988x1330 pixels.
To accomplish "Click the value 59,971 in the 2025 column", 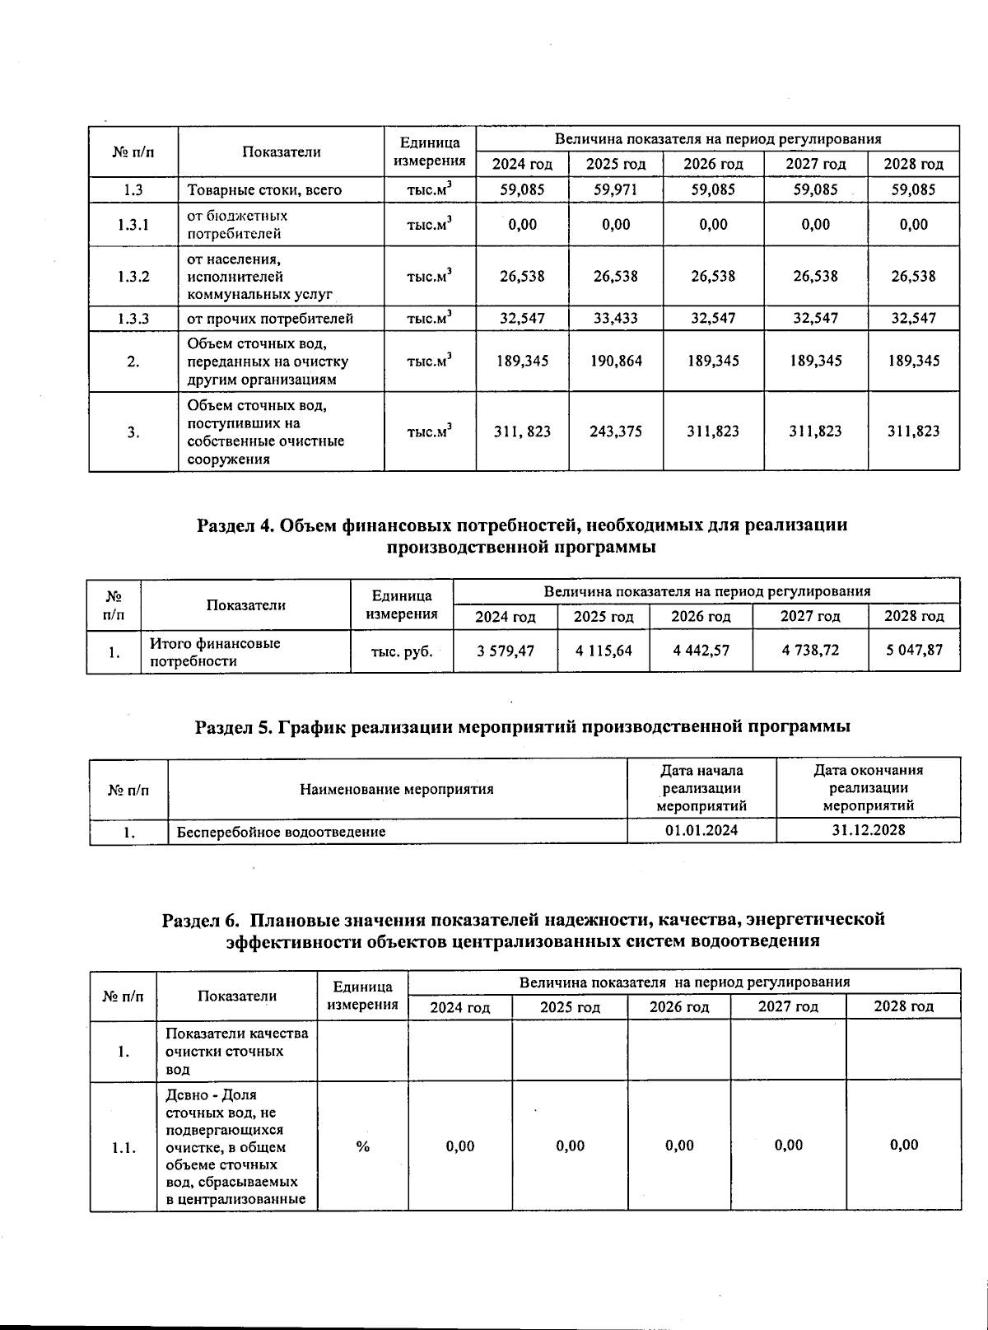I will pyautogui.click(x=615, y=189).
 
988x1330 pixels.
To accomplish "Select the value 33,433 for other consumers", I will pyautogui.click(x=615, y=318).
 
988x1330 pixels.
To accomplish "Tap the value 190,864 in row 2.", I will pyautogui.click(x=615, y=361).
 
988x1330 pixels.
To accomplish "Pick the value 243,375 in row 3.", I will pyautogui.click(x=615, y=431).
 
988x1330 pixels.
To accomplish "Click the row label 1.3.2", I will pyautogui.click(x=133, y=276).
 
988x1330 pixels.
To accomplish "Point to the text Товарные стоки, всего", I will pyautogui.click(x=264, y=189).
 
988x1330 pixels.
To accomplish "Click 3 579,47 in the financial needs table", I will pyautogui.click(x=506, y=651).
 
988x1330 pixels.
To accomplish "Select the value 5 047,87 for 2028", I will pyautogui.click(x=914, y=651).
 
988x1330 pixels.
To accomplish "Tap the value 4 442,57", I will pyautogui.click(x=701, y=651).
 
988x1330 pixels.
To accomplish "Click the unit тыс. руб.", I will pyautogui.click(x=402, y=651).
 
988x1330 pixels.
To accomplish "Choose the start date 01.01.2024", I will pyautogui.click(x=701, y=830).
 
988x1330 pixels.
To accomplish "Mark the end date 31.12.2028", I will pyautogui.click(x=868, y=830).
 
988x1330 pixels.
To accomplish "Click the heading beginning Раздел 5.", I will pyautogui.click(x=522, y=726).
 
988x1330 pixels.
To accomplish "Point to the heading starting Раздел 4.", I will pyautogui.click(x=522, y=535).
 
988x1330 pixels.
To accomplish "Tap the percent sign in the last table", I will pyautogui.click(x=362, y=1146).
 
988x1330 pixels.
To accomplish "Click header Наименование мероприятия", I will pyautogui.click(x=396, y=789).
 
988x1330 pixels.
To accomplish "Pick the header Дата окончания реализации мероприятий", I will pyautogui.click(x=868, y=788).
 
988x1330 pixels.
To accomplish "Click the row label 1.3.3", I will pyautogui.click(x=133, y=318).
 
